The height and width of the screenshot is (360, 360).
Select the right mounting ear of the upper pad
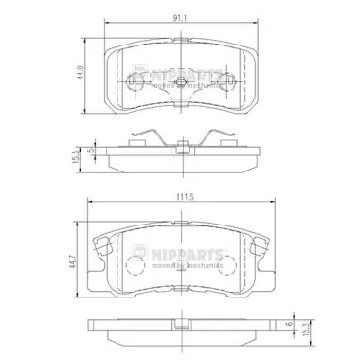(251, 76)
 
